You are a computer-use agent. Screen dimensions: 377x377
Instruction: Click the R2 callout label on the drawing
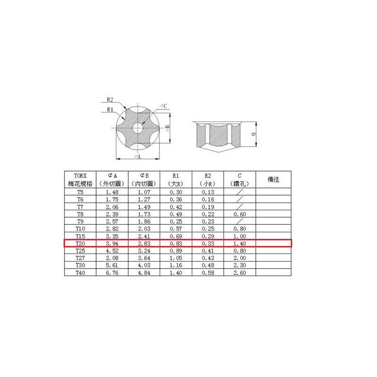[x=110, y=99]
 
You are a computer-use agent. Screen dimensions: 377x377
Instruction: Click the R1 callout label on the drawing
[x=110, y=109]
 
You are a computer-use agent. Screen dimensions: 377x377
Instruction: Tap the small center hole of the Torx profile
[x=138, y=128]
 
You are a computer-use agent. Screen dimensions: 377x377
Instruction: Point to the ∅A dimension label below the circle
[x=138, y=156]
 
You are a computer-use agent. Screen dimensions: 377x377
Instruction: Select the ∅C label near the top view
[x=164, y=106]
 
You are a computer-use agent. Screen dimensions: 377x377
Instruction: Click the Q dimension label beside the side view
[x=254, y=134]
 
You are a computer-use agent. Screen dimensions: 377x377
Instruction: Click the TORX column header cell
[x=80, y=180]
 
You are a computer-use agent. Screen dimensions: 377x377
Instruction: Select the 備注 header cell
[x=273, y=180]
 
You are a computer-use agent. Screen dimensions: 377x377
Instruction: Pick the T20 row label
[x=80, y=243]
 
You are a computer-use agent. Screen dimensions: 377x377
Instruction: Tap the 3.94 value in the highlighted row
[x=112, y=243]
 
